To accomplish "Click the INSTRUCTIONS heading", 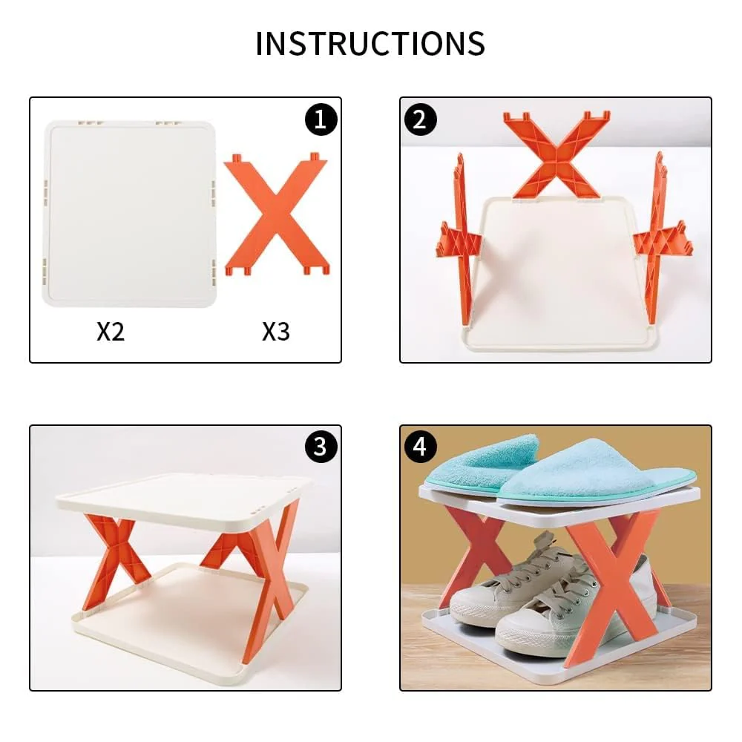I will [370, 44].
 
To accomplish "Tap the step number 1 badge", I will [320, 119].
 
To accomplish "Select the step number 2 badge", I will [420, 119].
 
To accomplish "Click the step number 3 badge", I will [320, 447].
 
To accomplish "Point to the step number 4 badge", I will [420, 447].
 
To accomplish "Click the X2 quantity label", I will [111, 331].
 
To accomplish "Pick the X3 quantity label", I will [275, 331].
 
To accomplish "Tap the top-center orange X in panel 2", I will [556, 156].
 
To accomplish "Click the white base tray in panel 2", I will [556, 275].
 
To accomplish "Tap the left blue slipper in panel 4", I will [486, 464].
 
